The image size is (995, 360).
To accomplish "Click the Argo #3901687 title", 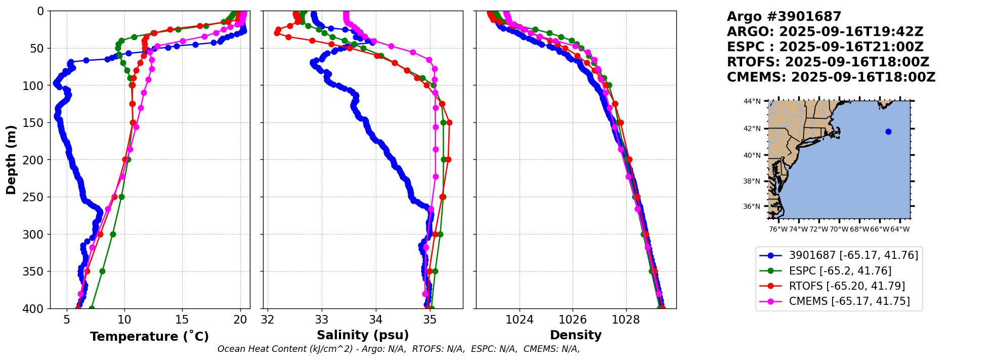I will (x=784, y=17).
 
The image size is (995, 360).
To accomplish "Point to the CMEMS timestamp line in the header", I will (x=831, y=77).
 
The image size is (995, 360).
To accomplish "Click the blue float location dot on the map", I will (x=888, y=132).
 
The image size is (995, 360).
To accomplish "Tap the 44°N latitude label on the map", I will (x=752, y=102).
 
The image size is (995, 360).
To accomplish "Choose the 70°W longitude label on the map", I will (x=839, y=230).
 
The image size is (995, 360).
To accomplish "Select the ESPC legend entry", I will (x=840, y=271).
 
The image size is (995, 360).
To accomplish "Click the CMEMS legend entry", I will (x=849, y=301).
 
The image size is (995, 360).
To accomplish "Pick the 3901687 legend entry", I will (x=853, y=255).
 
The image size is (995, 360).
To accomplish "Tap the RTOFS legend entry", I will (x=846, y=286).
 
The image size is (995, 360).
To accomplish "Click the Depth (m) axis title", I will (x=11, y=160).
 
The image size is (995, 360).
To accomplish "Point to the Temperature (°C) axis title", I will (x=149, y=337).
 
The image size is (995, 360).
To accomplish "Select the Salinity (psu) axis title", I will (x=363, y=335).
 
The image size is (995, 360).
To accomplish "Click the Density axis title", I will (x=576, y=335).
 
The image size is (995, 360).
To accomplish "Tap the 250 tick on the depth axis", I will (x=36, y=197).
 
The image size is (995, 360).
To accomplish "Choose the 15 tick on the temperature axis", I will (x=182, y=320).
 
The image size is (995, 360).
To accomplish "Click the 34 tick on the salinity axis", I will (x=376, y=320).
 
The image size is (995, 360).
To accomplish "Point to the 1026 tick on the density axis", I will (x=573, y=320).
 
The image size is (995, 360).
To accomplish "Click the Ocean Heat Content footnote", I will (x=399, y=349).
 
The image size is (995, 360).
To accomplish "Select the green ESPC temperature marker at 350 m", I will (x=102, y=271).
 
